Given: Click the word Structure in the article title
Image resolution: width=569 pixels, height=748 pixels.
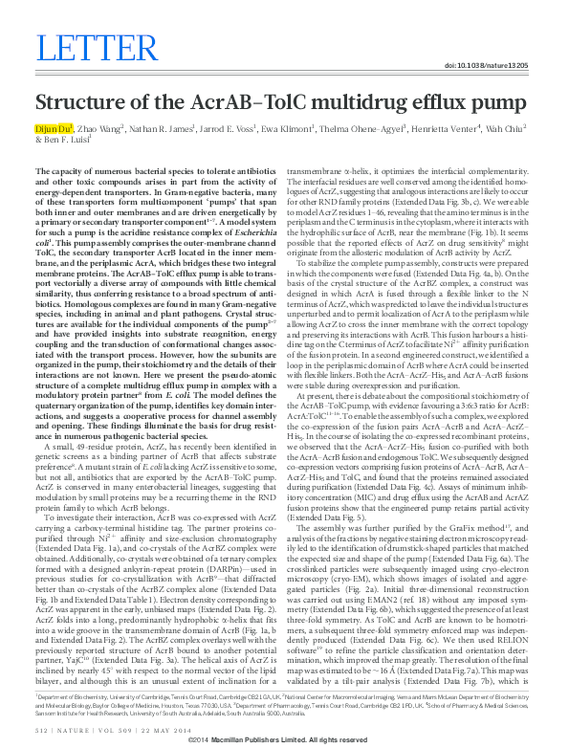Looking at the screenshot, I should pyautogui.click(x=79, y=105).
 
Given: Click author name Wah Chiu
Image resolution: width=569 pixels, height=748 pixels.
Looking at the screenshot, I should pyautogui.click(x=514, y=128).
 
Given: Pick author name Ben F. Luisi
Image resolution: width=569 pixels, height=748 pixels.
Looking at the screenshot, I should pyautogui.click(x=63, y=140).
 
